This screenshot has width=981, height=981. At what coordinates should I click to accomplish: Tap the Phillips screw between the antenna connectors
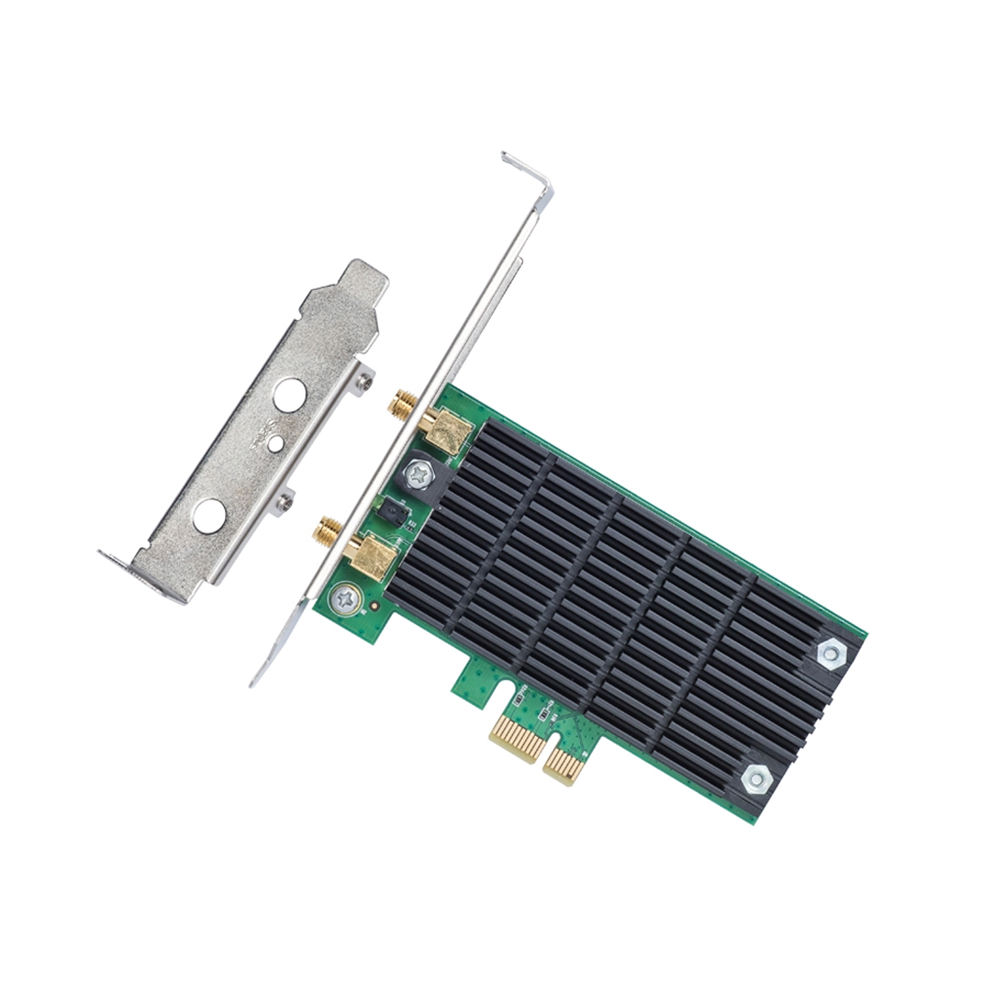pyautogui.click(x=419, y=473)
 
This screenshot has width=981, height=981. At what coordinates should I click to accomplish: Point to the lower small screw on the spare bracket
pyautogui.click(x=286, y=502)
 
